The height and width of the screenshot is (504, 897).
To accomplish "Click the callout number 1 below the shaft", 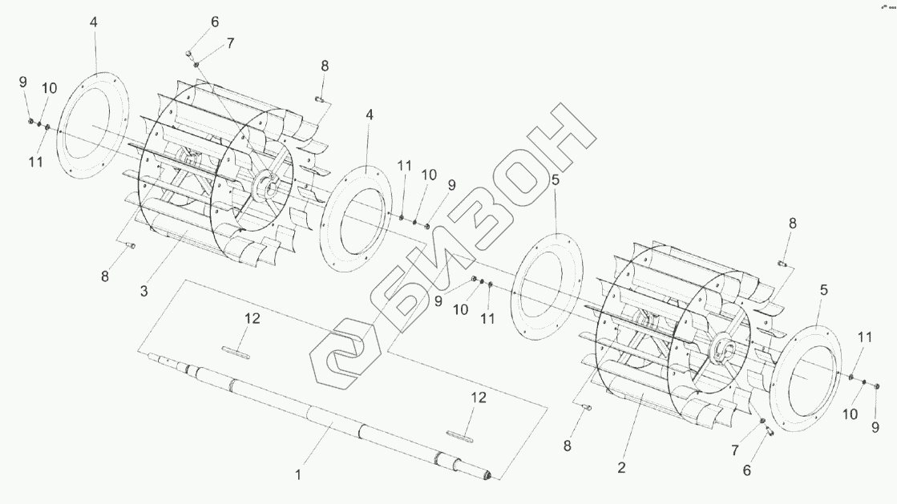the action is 297,475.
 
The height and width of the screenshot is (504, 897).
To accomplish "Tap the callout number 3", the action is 144,291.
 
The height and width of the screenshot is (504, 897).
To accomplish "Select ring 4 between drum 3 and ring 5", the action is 356,220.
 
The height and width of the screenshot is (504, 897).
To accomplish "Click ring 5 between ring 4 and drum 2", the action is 545,285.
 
